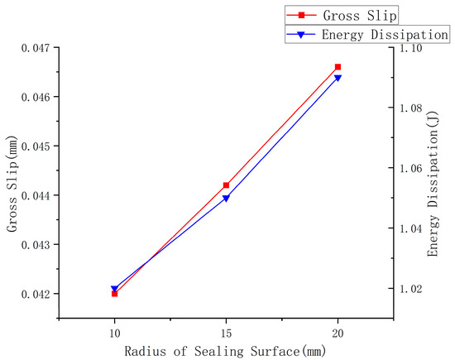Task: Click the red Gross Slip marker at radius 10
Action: coord(114,294)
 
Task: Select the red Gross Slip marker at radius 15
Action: coord(226,185)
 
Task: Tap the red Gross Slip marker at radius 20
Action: coord(338,67)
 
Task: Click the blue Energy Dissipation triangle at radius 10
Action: coord(114,290)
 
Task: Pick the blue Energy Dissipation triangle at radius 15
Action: coord(226,199)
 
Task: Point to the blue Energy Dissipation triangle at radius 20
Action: coord(338,79)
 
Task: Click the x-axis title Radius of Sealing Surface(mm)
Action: coord(225,350)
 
